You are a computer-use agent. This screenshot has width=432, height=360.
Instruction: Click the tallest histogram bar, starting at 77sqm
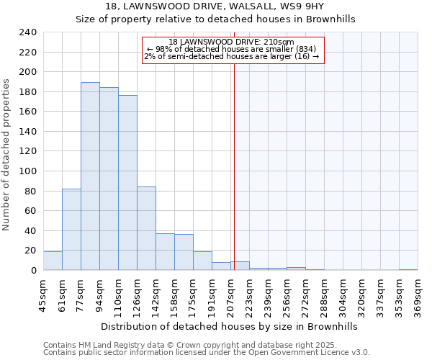coord(90,176)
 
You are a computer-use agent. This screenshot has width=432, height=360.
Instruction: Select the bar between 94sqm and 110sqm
coord(109,179)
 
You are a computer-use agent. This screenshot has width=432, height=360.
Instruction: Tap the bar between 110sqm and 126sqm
coord(127,183)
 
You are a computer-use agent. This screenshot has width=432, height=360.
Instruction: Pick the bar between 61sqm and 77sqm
coord(71,230)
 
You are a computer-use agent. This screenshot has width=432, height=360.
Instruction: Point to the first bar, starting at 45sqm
coord(53,261)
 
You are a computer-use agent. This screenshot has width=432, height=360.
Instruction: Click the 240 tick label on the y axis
coord(27,32)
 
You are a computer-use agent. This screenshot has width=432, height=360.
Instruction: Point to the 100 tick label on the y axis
coord(27,171)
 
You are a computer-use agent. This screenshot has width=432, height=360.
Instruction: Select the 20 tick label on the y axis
coord(30,251)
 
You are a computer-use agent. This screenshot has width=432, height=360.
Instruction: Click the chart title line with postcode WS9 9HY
coord(215,6)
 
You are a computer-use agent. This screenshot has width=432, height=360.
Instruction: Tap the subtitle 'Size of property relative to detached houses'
coord(215,19)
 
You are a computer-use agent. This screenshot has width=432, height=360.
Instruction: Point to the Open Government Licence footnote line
coord(207,353)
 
